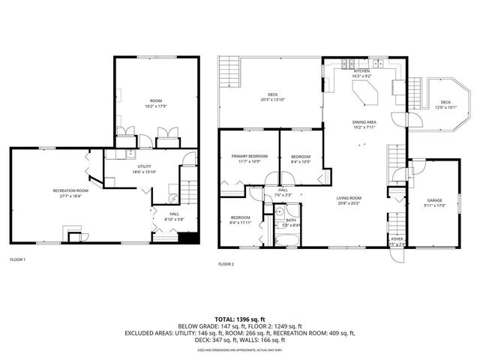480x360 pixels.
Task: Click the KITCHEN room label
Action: click(361, 71)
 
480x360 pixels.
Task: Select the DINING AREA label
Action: click(364, 121)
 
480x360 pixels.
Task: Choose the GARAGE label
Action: click(434, 200)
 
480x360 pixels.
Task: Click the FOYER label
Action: click(397, 239)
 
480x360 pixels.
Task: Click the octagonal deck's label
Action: click(445, 102)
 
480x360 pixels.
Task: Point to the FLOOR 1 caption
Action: click(17, 259)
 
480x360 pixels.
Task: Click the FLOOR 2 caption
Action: click(226, 264)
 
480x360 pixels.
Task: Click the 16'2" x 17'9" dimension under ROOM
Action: click(156, 105)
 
